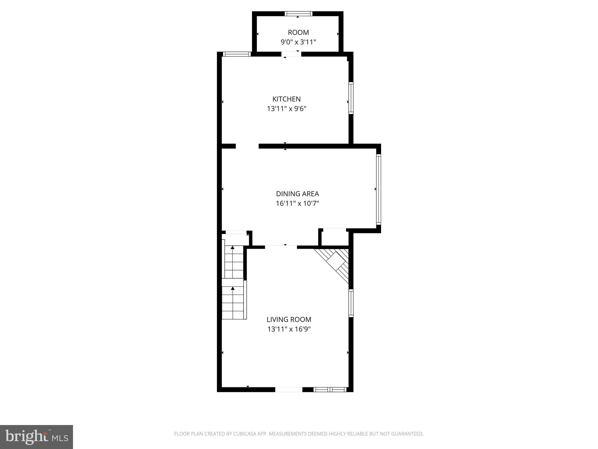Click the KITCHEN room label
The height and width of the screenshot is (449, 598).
[286, 99]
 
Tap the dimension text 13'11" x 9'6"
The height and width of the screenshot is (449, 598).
[286, 109]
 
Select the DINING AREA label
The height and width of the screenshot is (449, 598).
[297, 194]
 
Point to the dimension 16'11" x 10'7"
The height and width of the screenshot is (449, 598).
[297, 203]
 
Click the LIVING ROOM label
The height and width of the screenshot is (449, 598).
[289, 320]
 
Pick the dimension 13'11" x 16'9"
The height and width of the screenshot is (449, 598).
[289, 329]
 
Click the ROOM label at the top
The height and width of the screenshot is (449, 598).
[298, 32]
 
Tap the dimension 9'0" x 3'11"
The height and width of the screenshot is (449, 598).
[298, 42]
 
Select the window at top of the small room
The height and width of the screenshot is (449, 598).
[298, 13]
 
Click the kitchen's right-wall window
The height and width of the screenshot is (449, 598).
[351, 98]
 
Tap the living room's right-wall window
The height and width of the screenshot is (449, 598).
[351, 303]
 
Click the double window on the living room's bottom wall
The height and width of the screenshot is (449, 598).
[330, 389]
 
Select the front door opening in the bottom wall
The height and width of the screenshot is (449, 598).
[288, 389]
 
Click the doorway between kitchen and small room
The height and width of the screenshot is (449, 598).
[291, 54]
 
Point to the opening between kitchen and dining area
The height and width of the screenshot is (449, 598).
[247, 146]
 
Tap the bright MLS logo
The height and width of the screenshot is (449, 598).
[36, 437]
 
